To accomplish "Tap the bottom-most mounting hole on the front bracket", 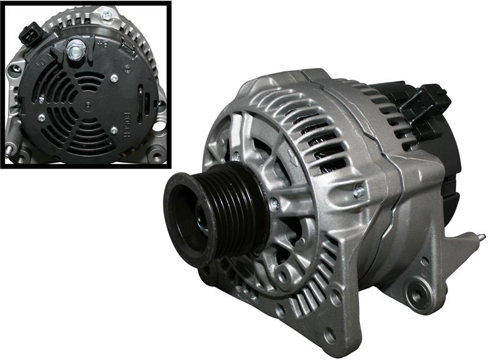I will (330, 334).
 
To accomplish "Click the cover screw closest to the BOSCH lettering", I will (114, 130).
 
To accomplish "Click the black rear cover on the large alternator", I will (445, 146).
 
